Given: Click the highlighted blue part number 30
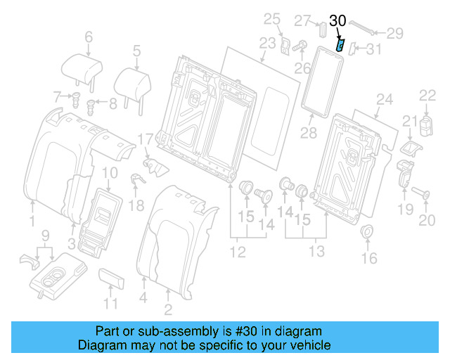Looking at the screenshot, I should pyautogui.click(x=340, y=46).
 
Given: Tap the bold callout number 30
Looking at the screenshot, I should pyautogui.click(x=337, y=22).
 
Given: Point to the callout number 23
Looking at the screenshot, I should pyautogui.click(x=268, y=44).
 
